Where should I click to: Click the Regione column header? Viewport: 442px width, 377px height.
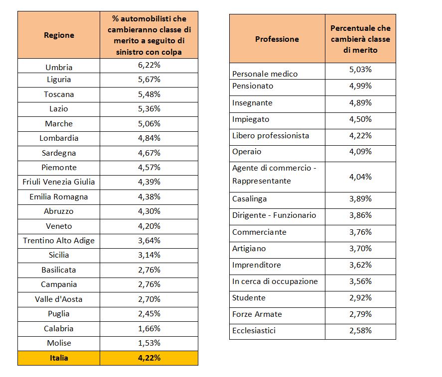(59, 35)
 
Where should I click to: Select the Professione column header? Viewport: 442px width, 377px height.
(277, 39)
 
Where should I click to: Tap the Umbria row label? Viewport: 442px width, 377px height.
(59, 68)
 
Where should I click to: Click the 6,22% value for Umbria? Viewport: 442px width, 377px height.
(149, 65)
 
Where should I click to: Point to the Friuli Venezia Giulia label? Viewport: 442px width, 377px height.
(59, 182)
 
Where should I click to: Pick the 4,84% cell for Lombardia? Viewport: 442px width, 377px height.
(149, 138)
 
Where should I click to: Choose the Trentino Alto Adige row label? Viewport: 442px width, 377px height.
(59, 241)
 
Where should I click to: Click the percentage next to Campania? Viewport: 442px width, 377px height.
(149, 284)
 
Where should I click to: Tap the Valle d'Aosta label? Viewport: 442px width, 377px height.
(59, 299)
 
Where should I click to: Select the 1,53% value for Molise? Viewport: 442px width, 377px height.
(149, 343)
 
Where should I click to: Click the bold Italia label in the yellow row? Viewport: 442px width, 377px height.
(59, 358)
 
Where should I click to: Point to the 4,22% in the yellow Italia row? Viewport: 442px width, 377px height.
(149, 358)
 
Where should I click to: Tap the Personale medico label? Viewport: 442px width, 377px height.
(265, 74)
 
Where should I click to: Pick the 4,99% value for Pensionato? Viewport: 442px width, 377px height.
(361, 86)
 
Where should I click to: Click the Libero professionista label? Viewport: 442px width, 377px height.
(271, 136)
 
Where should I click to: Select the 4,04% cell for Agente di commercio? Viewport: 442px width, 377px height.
(361, 177)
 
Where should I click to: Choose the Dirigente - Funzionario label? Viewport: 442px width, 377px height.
(274, 215)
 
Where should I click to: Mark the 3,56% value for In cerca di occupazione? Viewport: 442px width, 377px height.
(361, 282)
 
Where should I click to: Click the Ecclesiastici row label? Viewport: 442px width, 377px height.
(254, 331)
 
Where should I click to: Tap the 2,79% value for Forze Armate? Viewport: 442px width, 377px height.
(361, 314)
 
